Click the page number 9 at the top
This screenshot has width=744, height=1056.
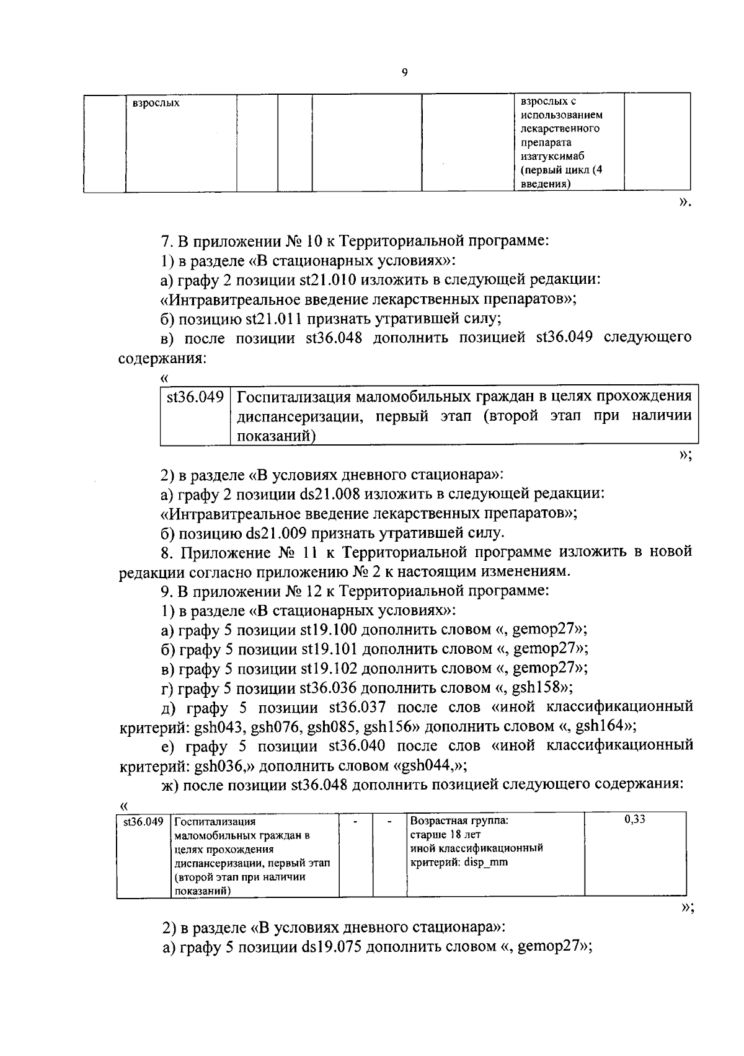pyautogui.click(x=404, y=73)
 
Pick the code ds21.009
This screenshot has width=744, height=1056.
pyautogui.click(x=277, y=533)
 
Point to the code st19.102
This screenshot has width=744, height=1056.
pyautogui.click(x=330, y=669)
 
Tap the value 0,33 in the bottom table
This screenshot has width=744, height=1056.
pyautogui.click(x=635, y=819)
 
